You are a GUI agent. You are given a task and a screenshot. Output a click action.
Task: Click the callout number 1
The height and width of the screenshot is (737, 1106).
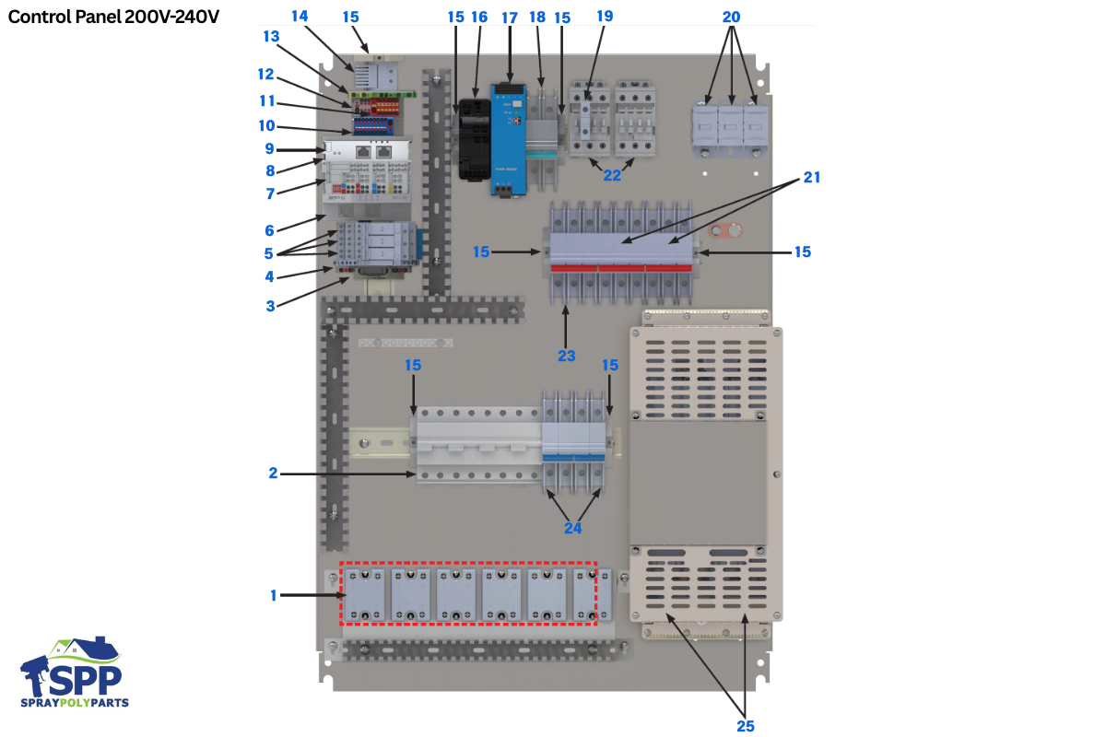coord(273,596)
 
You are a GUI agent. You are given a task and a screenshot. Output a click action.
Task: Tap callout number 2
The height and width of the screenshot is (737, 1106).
coord(273,474)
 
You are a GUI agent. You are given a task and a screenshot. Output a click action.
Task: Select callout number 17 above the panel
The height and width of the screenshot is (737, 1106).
coord(510,18)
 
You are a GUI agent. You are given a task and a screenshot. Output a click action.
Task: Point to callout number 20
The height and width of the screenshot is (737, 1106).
coord(731,18)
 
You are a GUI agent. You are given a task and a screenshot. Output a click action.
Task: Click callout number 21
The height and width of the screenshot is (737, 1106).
coord(811,178)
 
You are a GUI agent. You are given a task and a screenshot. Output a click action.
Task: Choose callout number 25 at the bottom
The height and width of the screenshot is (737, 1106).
coord(745,725)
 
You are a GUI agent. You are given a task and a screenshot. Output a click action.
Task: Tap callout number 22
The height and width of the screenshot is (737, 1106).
coord(611,175)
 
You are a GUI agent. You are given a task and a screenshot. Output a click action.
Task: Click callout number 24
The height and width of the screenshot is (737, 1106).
coord(573,528)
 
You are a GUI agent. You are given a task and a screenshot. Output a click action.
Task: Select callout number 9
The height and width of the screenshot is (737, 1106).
coord(269,148)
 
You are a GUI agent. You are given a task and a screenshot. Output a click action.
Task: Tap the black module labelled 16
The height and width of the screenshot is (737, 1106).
coord(475,138)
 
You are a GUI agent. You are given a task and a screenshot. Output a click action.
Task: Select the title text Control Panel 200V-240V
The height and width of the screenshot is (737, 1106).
coord(113,17)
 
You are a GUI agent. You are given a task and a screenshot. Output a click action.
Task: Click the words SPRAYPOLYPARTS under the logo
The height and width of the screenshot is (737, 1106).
coord(75,703)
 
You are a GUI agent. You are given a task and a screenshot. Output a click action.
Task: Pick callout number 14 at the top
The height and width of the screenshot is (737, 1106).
coord(301,18)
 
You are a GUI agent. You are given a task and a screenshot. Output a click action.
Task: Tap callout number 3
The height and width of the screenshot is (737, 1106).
coord(270,306)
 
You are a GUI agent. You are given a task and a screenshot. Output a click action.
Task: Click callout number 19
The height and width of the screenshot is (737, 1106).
coord(605,18)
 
